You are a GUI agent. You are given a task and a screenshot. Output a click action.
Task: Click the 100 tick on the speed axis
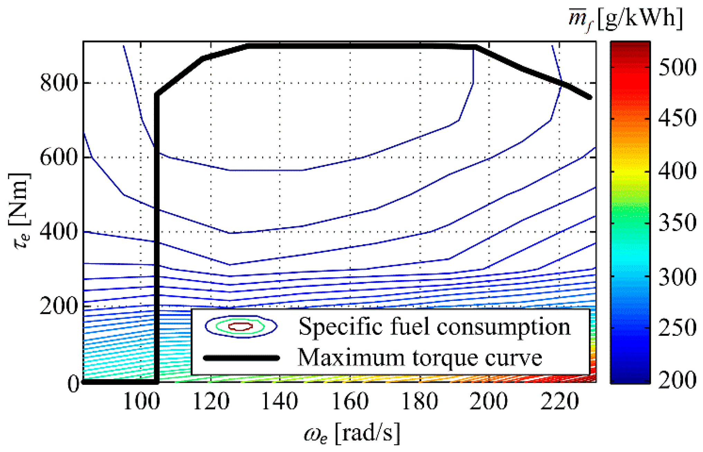coord(141,402)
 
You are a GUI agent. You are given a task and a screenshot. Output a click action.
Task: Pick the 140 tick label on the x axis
coord(280,402)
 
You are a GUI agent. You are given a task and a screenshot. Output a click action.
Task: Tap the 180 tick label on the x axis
coord(419,402)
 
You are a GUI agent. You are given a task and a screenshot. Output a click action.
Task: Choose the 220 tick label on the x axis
coord(559,402)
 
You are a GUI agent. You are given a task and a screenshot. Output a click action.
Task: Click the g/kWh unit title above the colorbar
coord(626,18)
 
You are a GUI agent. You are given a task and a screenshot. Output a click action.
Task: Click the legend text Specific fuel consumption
coord(434,326)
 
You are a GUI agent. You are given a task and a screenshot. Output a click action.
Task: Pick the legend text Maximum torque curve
coord(420,358)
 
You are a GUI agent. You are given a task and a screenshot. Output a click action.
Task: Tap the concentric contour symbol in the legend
coord(241,326)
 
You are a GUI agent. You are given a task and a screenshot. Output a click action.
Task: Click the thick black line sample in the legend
coord(241,358)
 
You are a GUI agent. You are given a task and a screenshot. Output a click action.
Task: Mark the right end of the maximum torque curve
coord(590,98)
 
